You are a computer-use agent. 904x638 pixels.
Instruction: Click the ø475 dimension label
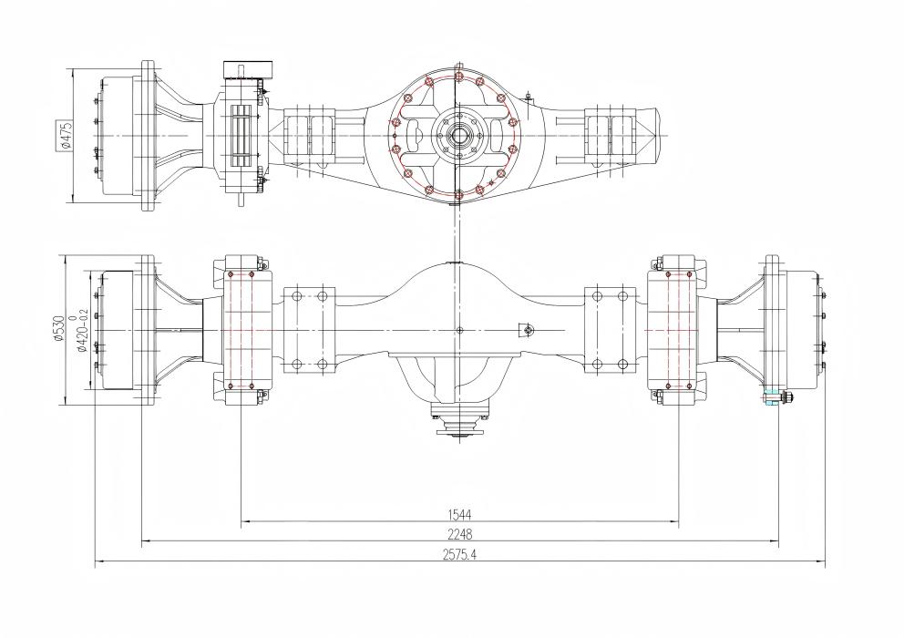click(x=65, y=136)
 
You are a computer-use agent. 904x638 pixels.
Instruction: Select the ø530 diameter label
click(x=58, y=329)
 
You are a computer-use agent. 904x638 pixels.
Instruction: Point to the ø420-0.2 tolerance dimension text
click(x=82, y=331)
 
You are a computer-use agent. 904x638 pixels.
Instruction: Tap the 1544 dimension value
click(x=459, y=514)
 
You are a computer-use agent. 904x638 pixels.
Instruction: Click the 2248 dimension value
click(x=459, y=534)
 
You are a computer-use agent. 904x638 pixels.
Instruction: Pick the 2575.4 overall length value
click(x=459, y=554)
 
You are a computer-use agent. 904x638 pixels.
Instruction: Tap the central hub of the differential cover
click(x=459, y=136)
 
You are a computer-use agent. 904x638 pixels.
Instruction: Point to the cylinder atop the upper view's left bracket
click(x=248, y=69)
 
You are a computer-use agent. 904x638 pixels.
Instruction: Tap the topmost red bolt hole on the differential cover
click(x=459, y=77)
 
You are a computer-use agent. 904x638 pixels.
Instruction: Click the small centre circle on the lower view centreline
click(x=459, y=330)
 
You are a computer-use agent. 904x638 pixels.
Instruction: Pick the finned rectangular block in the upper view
click(x=242, y=137)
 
